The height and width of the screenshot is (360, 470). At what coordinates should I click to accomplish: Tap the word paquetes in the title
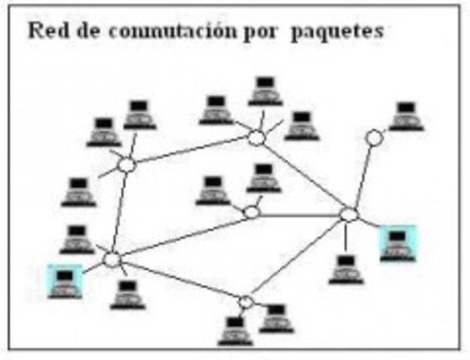click(x=346, y=32)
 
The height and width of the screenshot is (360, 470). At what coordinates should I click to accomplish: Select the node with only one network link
click(x=374, y=138)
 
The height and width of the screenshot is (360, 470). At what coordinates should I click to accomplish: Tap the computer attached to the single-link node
click(x=406, y=116)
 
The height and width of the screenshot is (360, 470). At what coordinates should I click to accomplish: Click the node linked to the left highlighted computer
click(x=112, y=259)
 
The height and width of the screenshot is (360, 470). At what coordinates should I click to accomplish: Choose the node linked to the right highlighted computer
click(x=348, y=215)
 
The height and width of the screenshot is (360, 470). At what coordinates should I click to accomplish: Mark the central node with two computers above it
click(x=252, y=212)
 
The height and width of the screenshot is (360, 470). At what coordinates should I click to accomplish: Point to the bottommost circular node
click(x=246, y=302)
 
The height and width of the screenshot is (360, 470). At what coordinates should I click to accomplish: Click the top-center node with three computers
click(x=257, y=138)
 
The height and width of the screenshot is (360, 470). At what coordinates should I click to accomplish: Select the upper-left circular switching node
click(x=126, y=165)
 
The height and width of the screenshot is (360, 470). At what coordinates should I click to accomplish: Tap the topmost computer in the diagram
click(x=264, y=90)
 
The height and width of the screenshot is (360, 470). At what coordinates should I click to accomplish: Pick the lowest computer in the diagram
click(x=235, y=331)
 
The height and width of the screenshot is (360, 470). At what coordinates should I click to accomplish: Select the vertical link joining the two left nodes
click(x=119, y=212)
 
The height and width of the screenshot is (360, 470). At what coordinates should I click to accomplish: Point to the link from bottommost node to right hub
click(x=297, y=259)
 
